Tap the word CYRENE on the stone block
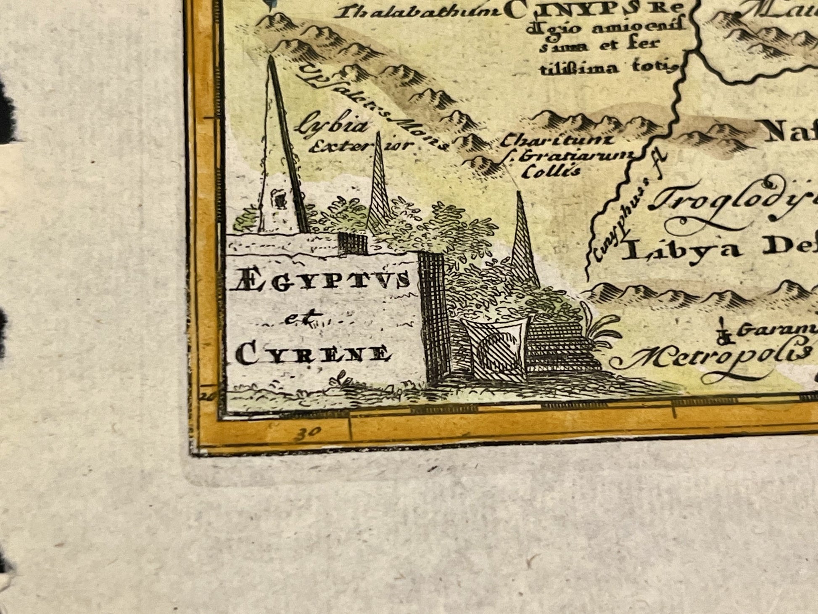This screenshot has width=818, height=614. click(x=313, y=354)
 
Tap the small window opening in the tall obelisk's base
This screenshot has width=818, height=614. click(x=278, y=198)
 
